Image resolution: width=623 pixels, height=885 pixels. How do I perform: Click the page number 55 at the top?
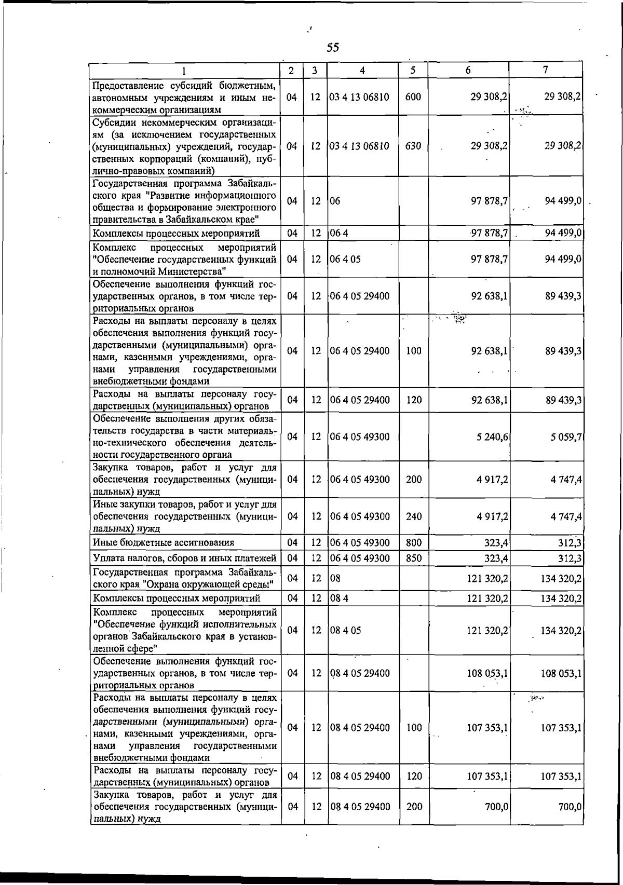(x=333, y=48)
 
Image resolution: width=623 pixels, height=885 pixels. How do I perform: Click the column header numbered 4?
(x=362, y=71)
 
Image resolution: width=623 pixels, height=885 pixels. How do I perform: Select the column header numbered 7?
(x=546, y=70)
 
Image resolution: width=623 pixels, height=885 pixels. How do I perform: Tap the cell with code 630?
(x=413, y=146)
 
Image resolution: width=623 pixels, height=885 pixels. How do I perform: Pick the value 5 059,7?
(x=565, y=437)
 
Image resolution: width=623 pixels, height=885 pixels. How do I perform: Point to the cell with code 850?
(x=413, y=559)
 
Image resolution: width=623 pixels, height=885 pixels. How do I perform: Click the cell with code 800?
(x=413, y=543)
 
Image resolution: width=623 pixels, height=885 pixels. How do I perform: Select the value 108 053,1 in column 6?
(x=487, y=673)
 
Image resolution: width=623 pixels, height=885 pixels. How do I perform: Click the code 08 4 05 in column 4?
(x=345, y=631)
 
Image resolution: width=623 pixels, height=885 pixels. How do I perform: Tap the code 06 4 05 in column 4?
(x=345, y=259)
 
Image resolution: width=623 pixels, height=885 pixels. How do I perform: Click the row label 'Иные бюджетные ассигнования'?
(x=163, y=543)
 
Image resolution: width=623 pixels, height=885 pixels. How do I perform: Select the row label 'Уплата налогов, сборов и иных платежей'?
(x=184, y=559)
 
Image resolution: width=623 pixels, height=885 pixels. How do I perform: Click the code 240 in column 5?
(x=413, y=516)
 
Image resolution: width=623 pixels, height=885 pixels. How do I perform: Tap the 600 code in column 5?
(x=413, y=97)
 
